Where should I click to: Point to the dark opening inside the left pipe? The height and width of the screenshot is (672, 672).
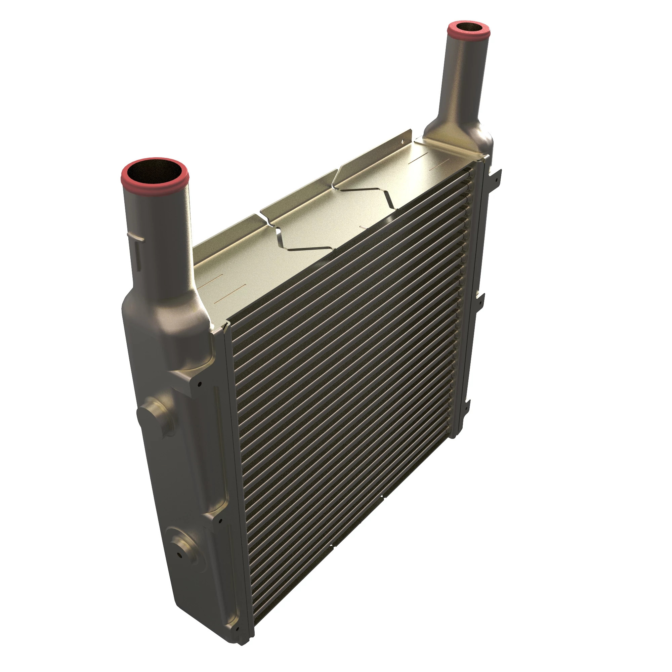tap(154, 170)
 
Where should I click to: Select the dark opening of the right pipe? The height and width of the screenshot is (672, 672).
tap(468, 27)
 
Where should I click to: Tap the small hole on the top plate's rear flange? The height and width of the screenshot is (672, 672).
tap(403, 142)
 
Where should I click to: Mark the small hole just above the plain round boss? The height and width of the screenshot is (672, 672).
tap(200, 384)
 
